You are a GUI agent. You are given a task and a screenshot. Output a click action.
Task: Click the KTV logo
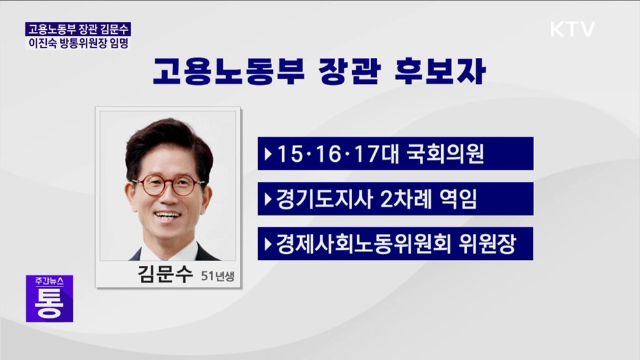[572, 29]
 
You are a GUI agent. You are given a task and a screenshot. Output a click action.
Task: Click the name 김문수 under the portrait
[166, 274]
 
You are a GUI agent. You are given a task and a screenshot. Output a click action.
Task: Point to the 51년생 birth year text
[217, 277]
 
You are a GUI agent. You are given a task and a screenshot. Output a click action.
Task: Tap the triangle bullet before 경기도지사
[268, 199]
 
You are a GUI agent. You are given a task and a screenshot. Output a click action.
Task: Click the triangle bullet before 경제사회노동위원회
[268, 244]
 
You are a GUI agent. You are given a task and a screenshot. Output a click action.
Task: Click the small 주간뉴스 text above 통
[49, 283]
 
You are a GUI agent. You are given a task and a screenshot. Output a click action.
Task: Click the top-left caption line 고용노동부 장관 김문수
[78, 29]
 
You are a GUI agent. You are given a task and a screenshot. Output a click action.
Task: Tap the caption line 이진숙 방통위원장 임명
[78, 44]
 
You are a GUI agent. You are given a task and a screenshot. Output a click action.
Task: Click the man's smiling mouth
[168, 215]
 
